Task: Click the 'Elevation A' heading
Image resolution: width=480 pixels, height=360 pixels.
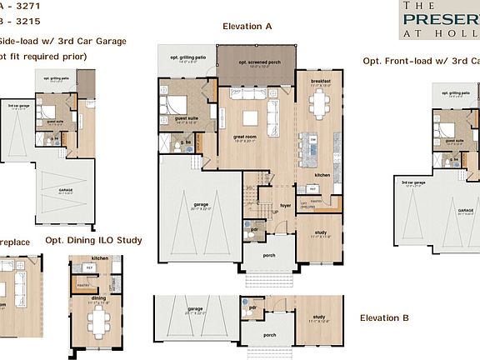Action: pos(247,27)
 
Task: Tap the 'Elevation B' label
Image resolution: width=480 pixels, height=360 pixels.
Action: pos(384,318)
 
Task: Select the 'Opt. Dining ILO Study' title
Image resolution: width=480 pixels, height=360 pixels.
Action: pos(93,241)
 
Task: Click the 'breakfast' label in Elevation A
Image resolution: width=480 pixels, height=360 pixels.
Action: pos(321,81)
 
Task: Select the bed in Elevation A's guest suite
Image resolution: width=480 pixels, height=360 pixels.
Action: pos(176,105)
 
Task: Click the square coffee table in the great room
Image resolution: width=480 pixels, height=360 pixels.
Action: pos(248,117)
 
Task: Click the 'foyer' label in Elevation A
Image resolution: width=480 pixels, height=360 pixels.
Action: pos(285,205)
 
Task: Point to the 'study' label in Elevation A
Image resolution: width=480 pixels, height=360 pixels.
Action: pos(321,232)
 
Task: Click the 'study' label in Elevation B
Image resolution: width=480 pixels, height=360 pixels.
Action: pos(318,315)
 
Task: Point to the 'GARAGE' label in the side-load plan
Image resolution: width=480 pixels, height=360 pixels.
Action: pos(65,191)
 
